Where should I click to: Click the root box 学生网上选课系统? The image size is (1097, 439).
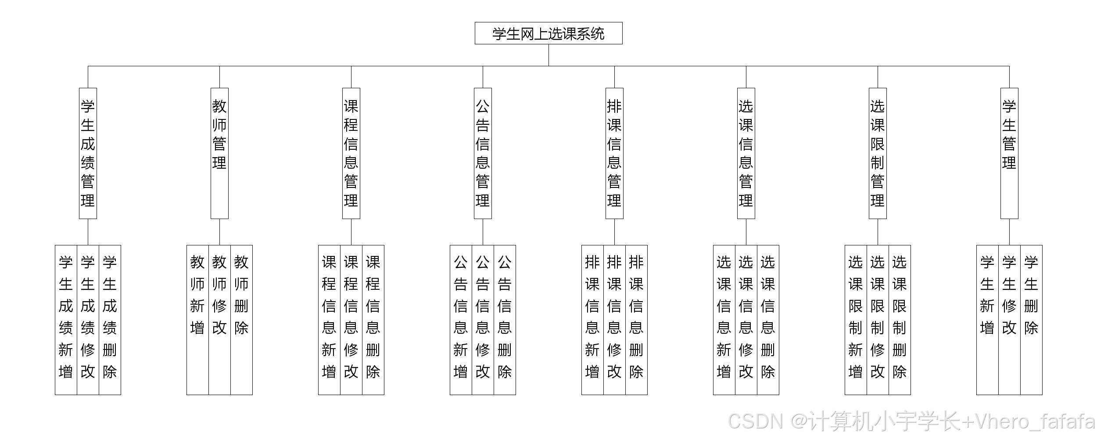click(x=548, y=33)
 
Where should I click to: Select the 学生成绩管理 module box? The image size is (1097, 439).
click(x=88, y=153)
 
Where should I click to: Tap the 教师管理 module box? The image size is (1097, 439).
click(x=219, y=153)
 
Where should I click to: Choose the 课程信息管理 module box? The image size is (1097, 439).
click(x=351, y=153)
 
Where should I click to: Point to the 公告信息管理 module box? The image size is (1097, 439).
click(x=483, y=153)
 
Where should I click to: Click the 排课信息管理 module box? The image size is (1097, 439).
click(x=614, y=153)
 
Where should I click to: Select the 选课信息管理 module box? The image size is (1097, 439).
click(x=746, y=153)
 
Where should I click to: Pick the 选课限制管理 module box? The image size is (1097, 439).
click(x=878, y=153)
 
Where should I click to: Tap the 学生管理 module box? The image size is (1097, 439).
click(x=1009, y=153)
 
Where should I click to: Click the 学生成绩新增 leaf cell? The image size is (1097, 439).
click(x=66, y=320)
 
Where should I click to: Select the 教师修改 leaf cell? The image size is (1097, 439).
click(x=219, y=320)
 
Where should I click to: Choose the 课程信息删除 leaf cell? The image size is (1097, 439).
click(x=373, y=320)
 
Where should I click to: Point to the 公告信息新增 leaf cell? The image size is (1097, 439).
click(x=461, y=320)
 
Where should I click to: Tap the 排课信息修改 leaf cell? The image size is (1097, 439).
click(x=614, y=320)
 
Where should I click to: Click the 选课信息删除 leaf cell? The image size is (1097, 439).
click(x=768, y=320)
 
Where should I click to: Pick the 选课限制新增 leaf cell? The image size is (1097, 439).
click(x=856, y=320)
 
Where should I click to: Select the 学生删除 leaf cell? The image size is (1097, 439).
click(x=1031, y=320)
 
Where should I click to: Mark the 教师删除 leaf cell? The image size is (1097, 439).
click(x=241, y=320)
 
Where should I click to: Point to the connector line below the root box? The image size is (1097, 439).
click(x=548, y=55)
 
